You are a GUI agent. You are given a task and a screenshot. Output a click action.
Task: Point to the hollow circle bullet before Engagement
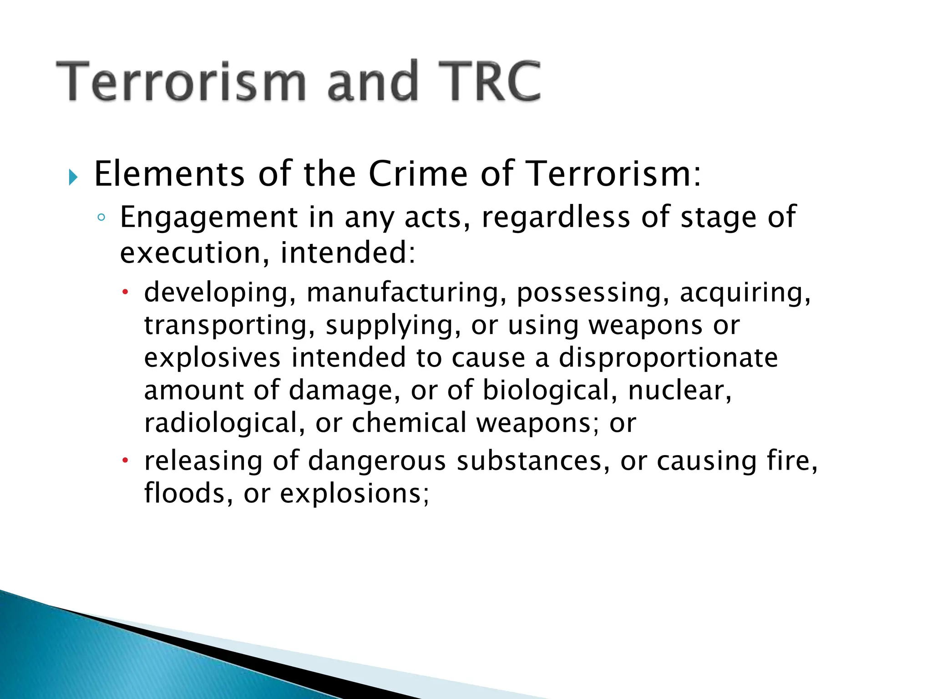point(101,218)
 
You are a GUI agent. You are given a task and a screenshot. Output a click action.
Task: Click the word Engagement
point(208,218)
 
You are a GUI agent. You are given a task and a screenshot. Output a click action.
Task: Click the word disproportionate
point(668,357)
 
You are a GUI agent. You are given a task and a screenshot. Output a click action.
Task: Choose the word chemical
point(409,423)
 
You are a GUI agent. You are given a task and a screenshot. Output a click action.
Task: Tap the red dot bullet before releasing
point(126,460)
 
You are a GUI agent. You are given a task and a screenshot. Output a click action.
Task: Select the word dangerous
point(377,461)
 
